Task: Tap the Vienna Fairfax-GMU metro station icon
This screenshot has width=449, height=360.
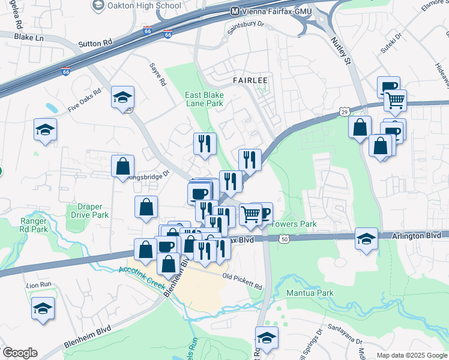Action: tap(235, 11)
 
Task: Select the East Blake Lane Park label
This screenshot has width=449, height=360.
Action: tap(204, 99)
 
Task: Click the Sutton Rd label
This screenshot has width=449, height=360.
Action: tap(95, 44)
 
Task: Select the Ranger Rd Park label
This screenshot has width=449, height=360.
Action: tap(33, 224)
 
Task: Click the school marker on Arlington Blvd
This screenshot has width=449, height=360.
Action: tap(366, 239)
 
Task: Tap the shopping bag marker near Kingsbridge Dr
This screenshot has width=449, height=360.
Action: tap(122, 166)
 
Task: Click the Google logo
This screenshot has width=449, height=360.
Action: tap(20, 353)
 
